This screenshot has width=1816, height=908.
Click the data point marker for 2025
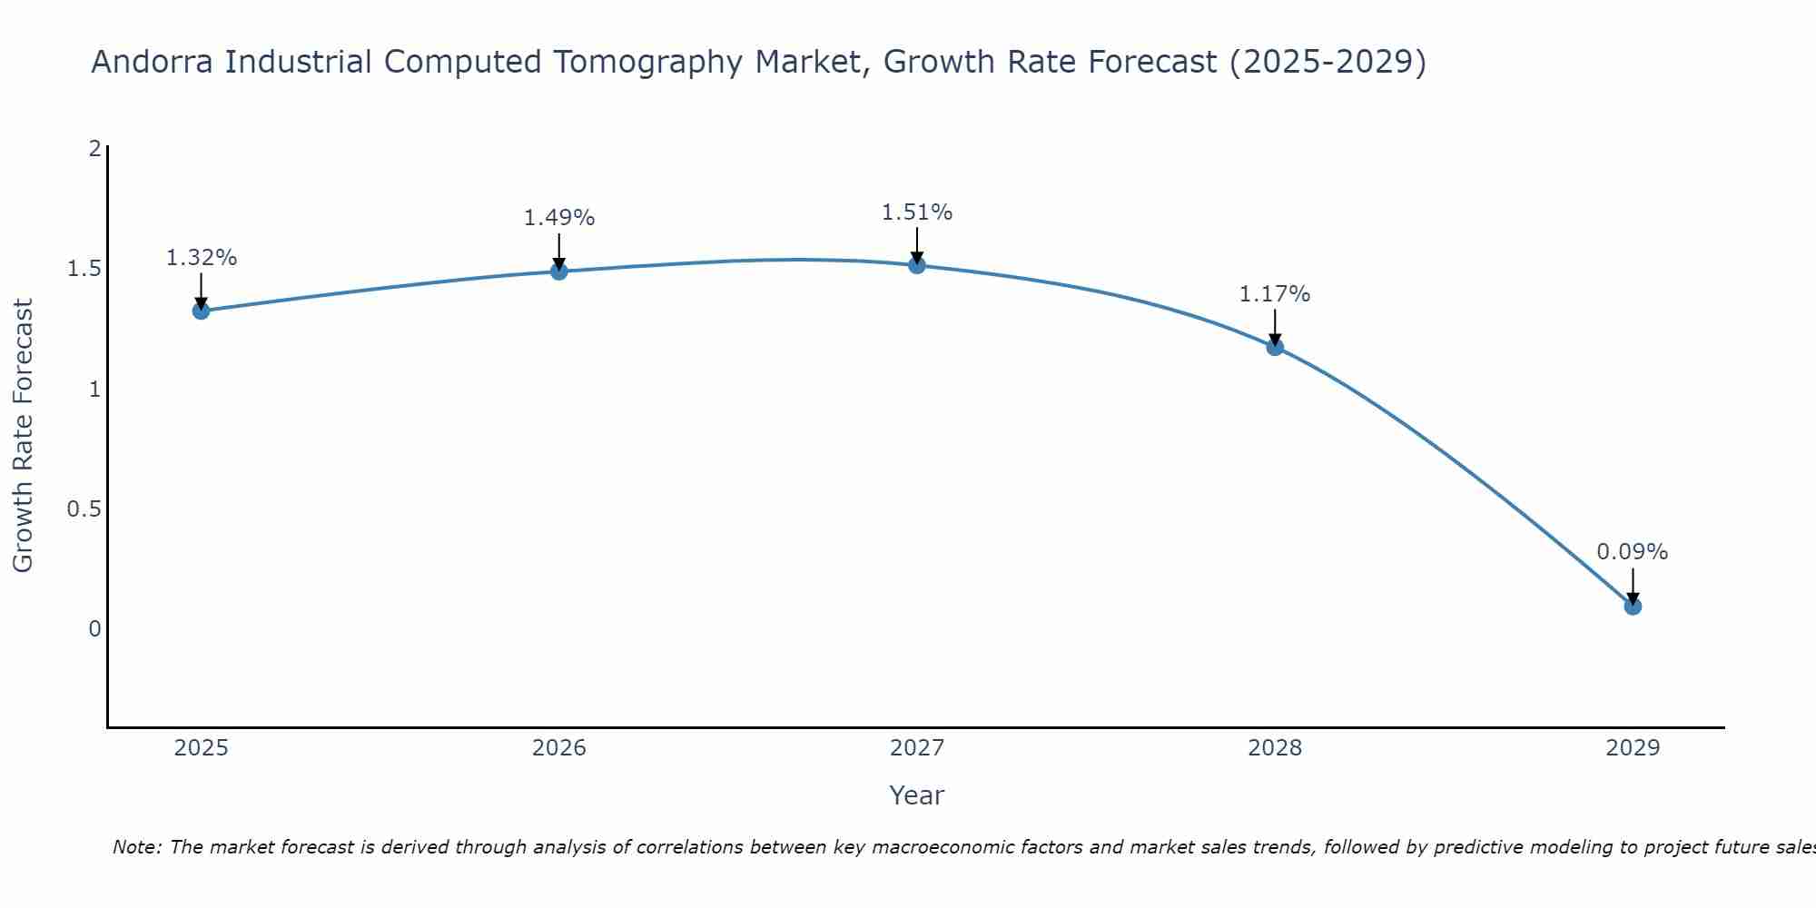(x=201, y=311)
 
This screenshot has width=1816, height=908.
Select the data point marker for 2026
(x=558, y=271)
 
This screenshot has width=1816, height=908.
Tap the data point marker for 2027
(x=916, y=265)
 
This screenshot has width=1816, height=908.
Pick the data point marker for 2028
(x=1275, y=346)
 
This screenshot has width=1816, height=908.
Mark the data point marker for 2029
(x=1633, y=606)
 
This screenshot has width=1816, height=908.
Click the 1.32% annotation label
(x=201, y=258)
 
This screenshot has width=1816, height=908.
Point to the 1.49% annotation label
(x=558, y=218)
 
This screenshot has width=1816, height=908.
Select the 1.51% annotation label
(x=916, y=212)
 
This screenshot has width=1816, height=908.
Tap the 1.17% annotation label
(x=1275, y=294)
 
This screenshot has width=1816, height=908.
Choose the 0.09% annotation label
(x=1633, y=552)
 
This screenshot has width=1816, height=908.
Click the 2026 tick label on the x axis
(x=558, y=748)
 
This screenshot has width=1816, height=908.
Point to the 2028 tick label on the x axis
(x=1275, y=748)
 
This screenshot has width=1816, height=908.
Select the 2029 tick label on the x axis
(x=1633, y=748)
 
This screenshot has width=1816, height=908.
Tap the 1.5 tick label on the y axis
(x=84, y=270)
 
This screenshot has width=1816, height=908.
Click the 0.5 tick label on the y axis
(x=84, y=509)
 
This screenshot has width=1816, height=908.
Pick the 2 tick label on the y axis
(x=94, y=149)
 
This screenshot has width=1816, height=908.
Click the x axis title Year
(x=916, y=795)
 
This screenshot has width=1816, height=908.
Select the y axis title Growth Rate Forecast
(x=23, y=436)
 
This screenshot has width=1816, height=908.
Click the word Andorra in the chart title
(x=153, y=62)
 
